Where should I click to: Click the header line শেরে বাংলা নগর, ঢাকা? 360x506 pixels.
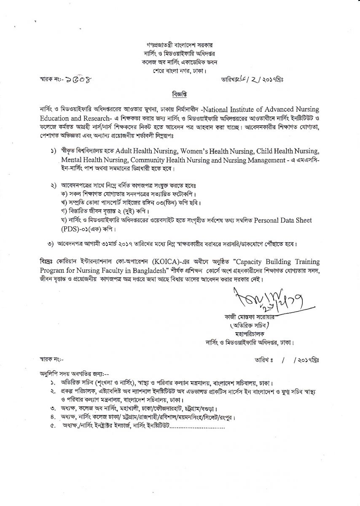click(x=180, y=70)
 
